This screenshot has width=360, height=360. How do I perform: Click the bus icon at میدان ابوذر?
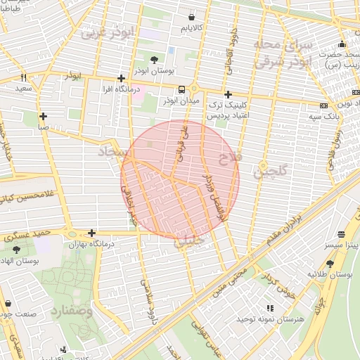[x=182, y=89]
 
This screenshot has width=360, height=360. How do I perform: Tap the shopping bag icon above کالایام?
[x=192, y=16]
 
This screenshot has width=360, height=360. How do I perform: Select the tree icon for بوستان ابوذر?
[x=154, y=58]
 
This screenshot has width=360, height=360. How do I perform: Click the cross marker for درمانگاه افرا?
[x=121, y=78]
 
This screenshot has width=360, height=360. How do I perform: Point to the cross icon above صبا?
[x=44, y=116]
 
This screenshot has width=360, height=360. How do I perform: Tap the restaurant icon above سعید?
[x=23, y=78]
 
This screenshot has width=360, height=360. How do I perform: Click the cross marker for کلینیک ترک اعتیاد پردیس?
[x=227, y=94]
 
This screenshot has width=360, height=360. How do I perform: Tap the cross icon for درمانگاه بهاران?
[x=91, y=233]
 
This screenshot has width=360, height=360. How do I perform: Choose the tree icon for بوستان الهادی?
[x=16, y=248]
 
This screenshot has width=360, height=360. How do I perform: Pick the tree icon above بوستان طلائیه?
[x=311, y=260]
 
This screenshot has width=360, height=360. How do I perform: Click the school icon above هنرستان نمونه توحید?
[x=269, y=308]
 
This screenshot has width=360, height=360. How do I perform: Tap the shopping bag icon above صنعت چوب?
[x=8, y=304]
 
